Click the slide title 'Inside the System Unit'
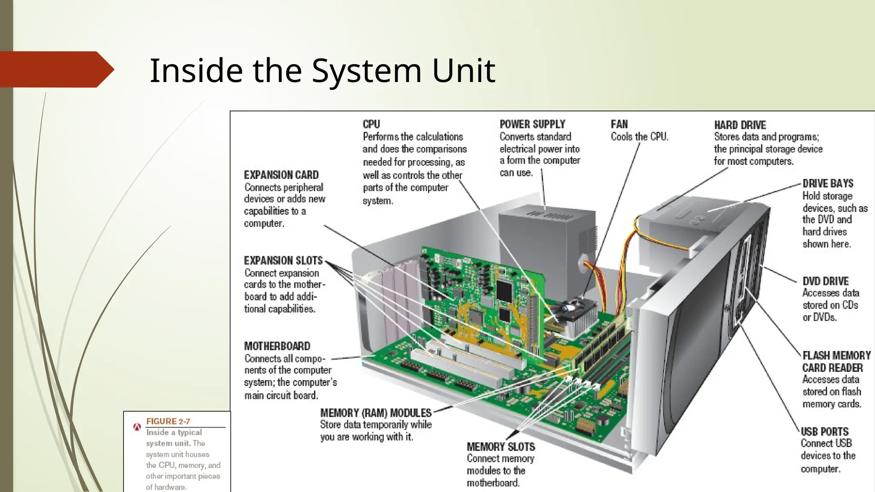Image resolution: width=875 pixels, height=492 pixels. pyautogui.click(x=322, y=70)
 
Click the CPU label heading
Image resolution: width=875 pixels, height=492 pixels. pyautogui.click(x=371, y=124)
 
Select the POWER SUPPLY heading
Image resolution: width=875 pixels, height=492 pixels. pyautogui.click(x=532, y=124)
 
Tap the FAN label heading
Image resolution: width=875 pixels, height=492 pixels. pyautogui.click(x=619, y=124)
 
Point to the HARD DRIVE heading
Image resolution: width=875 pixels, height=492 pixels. pyautogui.click(x=740, y=125)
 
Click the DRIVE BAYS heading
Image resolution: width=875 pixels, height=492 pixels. pyautogui.click(x=828, y=184)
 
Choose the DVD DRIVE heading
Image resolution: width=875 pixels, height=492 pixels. pyautogui.click(x=825, y=281)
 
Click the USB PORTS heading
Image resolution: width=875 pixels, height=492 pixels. pyautogui.click(x=824, y=431)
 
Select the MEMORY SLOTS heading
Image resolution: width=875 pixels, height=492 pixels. pyautogui.click(x=500, y=447)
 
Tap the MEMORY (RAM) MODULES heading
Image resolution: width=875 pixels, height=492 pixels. pyautogui.click(x=376, y=413)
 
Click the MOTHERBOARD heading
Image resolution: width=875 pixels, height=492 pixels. pyautogui.click(x=277, y=346)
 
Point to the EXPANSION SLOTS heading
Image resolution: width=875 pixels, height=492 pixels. pyautogui.click(x=283, y=261)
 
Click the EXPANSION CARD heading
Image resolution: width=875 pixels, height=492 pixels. pyautogui.click(x=281, y=175)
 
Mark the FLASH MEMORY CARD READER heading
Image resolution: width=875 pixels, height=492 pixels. pyautogui.click(x=836, y=361)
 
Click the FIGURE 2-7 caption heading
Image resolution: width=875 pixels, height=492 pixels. pyautogui.click(x=168, y=422)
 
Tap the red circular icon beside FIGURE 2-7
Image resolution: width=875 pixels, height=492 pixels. pyautogui.click(x=137, y=426)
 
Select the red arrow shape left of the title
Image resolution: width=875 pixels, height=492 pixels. pyautogui.click(x=56, y=69)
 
